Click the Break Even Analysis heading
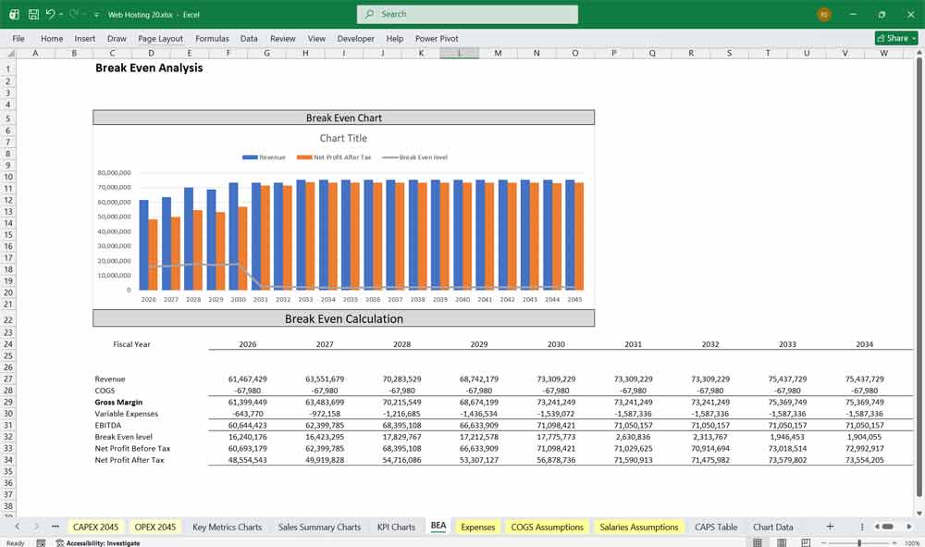coord(149,68)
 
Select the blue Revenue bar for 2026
coord(143,245)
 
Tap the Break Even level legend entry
coord(415,157)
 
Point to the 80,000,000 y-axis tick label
coord(114,173)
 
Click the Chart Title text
coord(343,139)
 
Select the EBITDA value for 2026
coord(247,426)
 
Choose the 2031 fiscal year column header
coord(633,344)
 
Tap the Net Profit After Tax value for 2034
coord(864,460)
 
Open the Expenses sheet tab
coord(477,527)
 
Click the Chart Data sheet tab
coord(772,527)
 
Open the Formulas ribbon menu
coord(212,39)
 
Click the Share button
coord(895,38)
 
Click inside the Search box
coord(467,14)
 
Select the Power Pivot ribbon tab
coord(437,39)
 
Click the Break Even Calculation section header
coord(343,319)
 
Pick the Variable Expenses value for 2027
coord(324,414)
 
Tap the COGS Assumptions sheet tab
coord(547,527)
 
